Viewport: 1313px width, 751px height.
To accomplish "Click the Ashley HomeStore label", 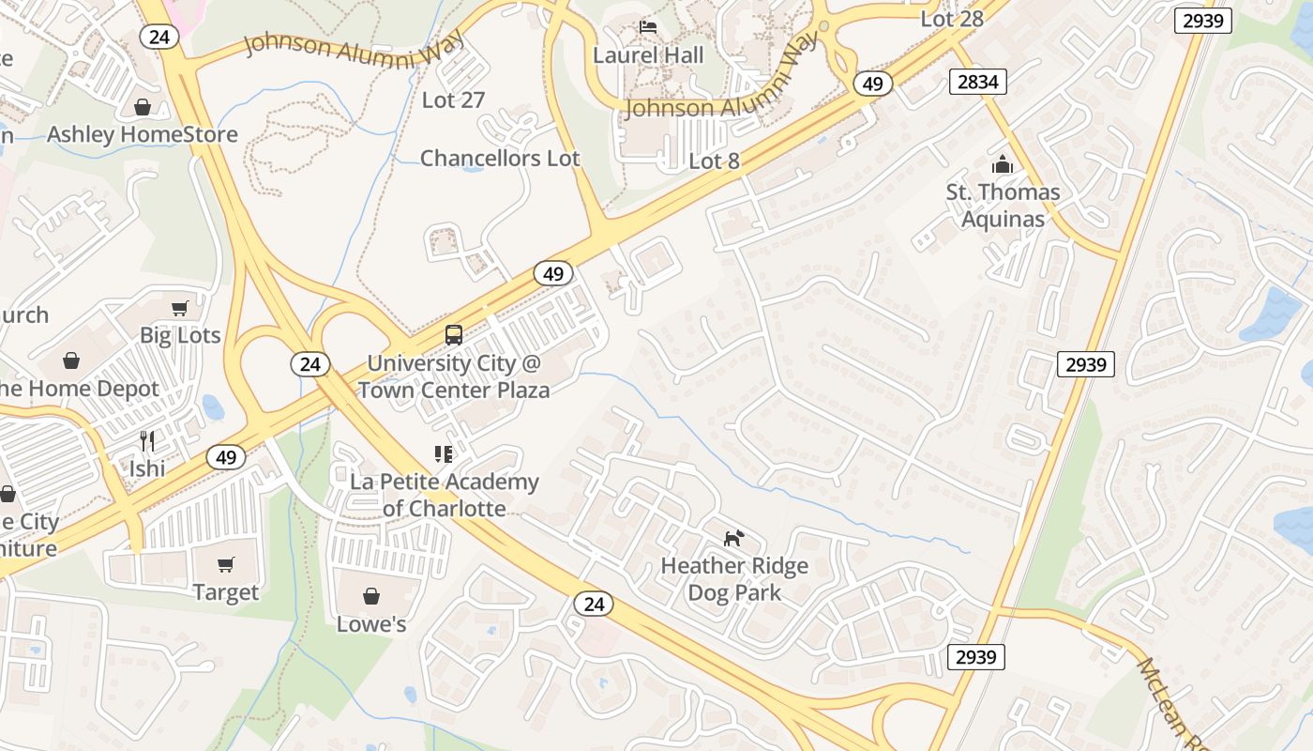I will tap(143, 134).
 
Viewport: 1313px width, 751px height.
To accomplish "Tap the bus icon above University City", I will tap(453, 335).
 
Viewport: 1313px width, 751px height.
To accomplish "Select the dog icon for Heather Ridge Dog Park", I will tap(734, 538).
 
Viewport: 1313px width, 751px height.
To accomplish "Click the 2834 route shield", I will tap(977, 82).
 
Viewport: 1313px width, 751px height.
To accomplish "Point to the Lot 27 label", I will tap(453, 100).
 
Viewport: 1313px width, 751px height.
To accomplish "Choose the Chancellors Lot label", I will tap(500, 158).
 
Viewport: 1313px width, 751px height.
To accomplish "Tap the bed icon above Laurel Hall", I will tap(648, 27).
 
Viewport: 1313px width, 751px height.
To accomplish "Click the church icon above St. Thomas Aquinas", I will tap(1003, 165).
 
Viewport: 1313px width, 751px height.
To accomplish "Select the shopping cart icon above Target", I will tap(225, 564).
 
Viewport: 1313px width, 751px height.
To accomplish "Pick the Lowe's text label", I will tap(371, 623).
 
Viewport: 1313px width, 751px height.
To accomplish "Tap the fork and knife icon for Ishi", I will tap(147, 440).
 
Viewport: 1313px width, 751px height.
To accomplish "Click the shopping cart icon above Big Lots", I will tap(180, 308).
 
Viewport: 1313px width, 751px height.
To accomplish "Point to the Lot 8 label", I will tap(714, 161).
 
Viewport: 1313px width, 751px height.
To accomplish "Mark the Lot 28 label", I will tap(952, 19).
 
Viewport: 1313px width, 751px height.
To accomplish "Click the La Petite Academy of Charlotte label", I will tap(445, 495).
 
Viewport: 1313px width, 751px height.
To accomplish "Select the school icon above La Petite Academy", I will tap(444, 455).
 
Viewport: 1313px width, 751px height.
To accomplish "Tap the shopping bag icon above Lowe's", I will tap(371, 596).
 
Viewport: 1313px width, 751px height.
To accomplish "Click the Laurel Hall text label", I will tap(648, 55).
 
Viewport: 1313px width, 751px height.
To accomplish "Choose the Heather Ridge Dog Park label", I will tap(734, 579).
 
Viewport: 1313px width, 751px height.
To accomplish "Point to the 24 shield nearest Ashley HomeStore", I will tap(154, 36).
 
